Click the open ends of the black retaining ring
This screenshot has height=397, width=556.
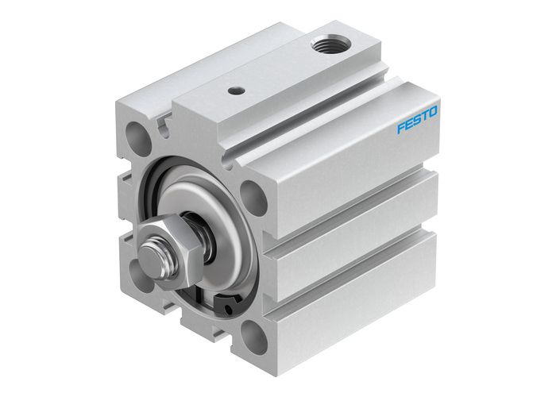(x=228, y=302)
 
